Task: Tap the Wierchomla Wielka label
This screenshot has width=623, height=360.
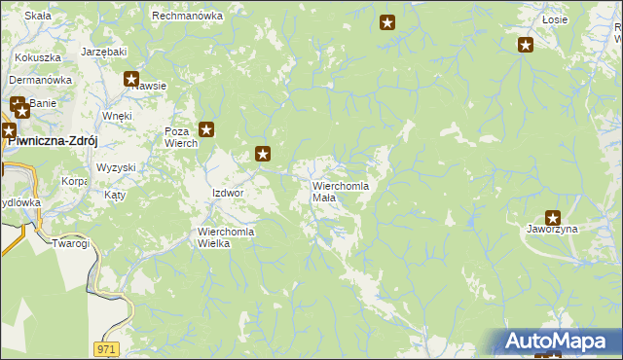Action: tap(226, 237)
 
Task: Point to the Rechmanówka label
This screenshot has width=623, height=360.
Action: tap(187, 17)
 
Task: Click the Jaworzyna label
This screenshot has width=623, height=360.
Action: tap(552, 230)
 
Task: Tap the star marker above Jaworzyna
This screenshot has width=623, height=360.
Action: tap(553, 218)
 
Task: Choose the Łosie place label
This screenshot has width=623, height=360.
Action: tap(554, 19)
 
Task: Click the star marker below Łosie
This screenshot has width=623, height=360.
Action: tap(526, 44)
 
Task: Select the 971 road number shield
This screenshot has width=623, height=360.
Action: tap(107, 347)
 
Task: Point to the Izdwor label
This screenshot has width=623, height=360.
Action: tap(227, 193)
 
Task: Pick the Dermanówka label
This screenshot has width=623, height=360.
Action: tap(41, 80)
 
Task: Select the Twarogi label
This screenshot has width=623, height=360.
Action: tap(71, 242)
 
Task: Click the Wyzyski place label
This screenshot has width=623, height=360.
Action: tap(116, 167)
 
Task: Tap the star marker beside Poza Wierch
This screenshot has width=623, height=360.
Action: tap(206, 128)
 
